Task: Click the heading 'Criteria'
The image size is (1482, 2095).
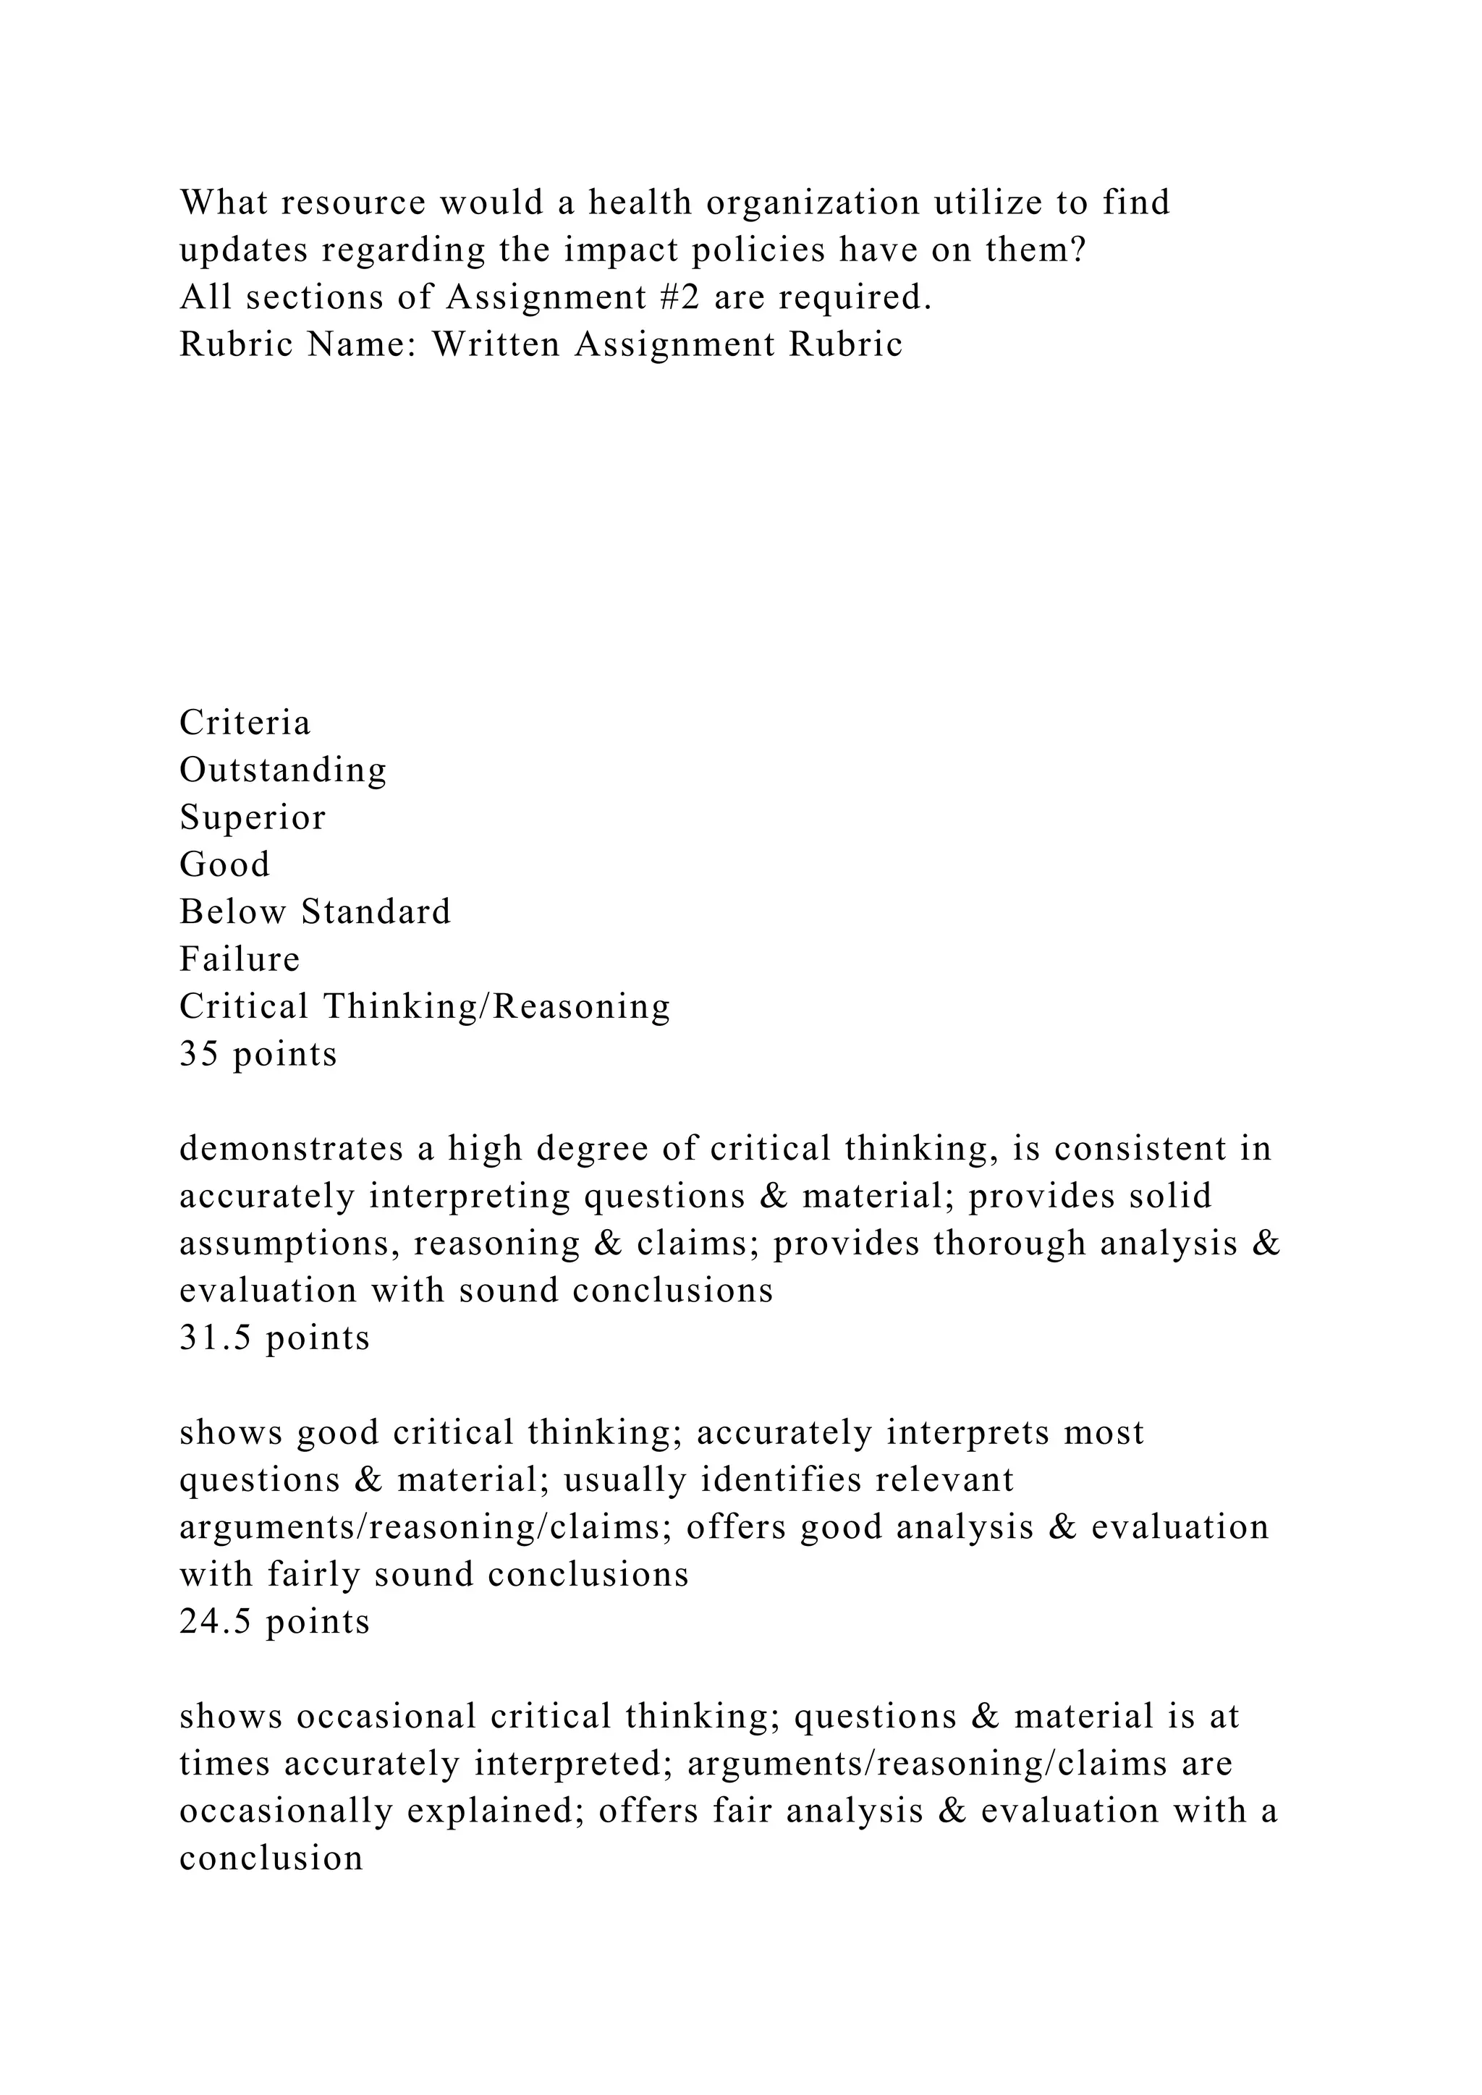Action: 245,723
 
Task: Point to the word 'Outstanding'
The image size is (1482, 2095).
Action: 283,770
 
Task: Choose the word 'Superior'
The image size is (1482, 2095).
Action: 252,817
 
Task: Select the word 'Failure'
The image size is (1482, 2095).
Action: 239,959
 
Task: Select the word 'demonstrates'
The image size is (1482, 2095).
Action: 291,1149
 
